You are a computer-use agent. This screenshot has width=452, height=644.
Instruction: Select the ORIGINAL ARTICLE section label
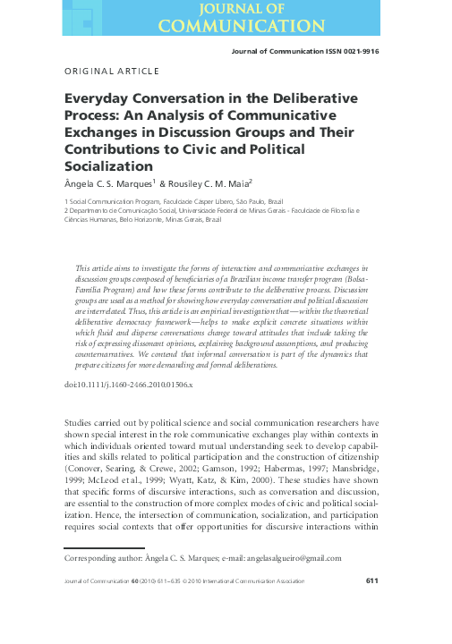tap(112, 71)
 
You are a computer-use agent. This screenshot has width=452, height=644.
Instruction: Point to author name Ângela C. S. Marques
tap(107, 184)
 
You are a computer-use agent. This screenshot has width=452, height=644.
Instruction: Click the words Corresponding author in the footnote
tap(100, 558)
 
